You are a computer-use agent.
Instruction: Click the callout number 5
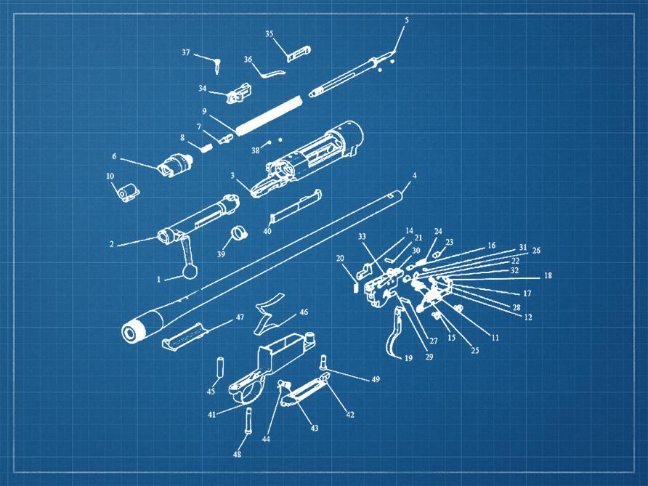click(406, 20)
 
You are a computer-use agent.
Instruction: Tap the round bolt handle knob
click(190, 272)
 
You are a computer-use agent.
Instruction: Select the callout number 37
click(186, 52)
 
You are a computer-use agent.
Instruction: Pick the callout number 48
click(237, 455)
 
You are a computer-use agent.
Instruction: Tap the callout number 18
click(548, 275)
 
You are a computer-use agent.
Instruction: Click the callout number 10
click(110, 176)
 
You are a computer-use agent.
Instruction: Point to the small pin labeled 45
click(219, 367)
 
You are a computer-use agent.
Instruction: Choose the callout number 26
click(536, 251)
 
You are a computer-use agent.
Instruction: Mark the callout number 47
click(240, 317)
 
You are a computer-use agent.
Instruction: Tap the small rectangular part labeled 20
click(356, 286)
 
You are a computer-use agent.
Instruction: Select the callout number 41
click(211, 414)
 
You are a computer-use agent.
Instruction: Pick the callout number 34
click(202, 89)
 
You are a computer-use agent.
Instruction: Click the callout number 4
click(415, 176)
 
